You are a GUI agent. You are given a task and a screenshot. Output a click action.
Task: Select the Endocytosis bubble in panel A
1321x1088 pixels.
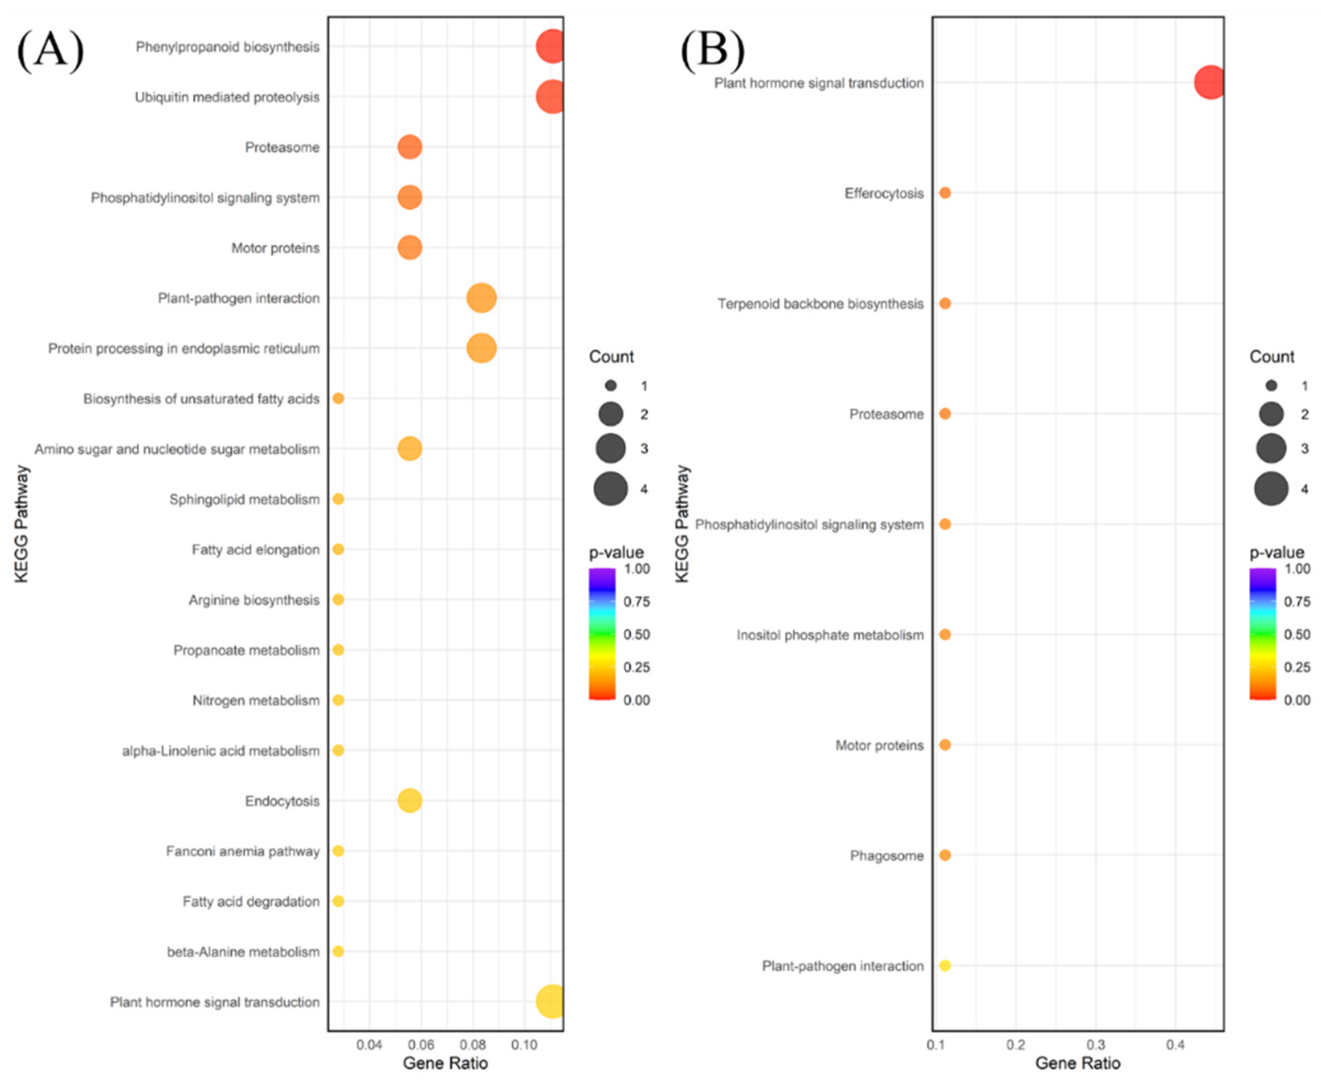[409, 800]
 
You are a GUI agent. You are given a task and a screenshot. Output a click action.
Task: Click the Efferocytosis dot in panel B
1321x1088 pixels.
[945, 193]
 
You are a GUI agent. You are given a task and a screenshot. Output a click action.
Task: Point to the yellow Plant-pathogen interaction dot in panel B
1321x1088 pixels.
[945, 966]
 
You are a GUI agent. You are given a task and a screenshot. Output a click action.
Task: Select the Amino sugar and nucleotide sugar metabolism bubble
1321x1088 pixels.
[409, 449]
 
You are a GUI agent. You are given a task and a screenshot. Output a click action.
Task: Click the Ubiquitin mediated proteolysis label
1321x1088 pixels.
[227, 97]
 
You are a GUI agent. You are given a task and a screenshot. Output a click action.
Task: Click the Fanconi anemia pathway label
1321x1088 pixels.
[243, 851]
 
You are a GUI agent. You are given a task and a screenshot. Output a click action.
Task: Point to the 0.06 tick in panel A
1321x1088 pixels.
[421, 1045]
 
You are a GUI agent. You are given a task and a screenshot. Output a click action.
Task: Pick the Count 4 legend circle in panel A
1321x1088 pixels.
[611, 489]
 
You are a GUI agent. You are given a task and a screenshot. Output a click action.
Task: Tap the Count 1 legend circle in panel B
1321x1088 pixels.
[1271, 385]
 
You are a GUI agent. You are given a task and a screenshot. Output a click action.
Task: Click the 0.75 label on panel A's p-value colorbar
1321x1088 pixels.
[637, 602]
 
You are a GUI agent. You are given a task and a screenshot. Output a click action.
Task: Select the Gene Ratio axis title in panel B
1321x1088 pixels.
[1077, 1064]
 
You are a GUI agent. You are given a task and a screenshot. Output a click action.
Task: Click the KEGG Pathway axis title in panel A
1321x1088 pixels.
[22, 523]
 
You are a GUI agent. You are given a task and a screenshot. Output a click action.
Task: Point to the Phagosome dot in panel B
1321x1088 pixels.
[945, 855]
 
